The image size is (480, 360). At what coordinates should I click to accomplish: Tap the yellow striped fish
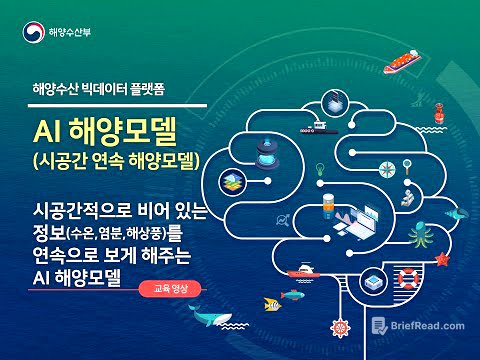point(292,296)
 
